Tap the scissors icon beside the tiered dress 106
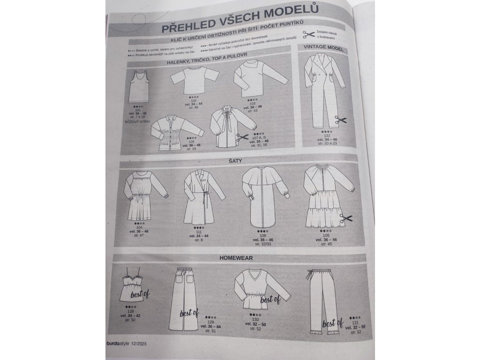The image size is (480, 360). [347, 218]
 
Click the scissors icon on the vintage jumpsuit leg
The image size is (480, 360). [341, 120]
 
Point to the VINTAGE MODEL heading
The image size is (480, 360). [323, 48]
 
